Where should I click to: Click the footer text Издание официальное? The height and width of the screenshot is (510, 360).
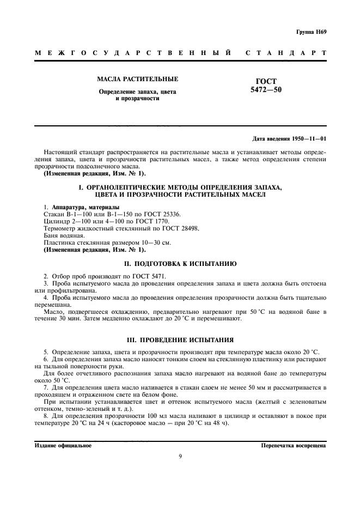(x=62, y=445)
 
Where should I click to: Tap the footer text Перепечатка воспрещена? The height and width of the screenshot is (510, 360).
(x=294, y=445)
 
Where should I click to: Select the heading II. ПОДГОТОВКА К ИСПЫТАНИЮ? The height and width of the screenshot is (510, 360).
(x=180, y=263)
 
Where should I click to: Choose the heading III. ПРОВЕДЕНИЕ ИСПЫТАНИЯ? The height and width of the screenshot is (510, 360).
(x=180, y=338)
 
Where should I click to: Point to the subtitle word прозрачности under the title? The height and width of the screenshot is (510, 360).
(x=137, y=99)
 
